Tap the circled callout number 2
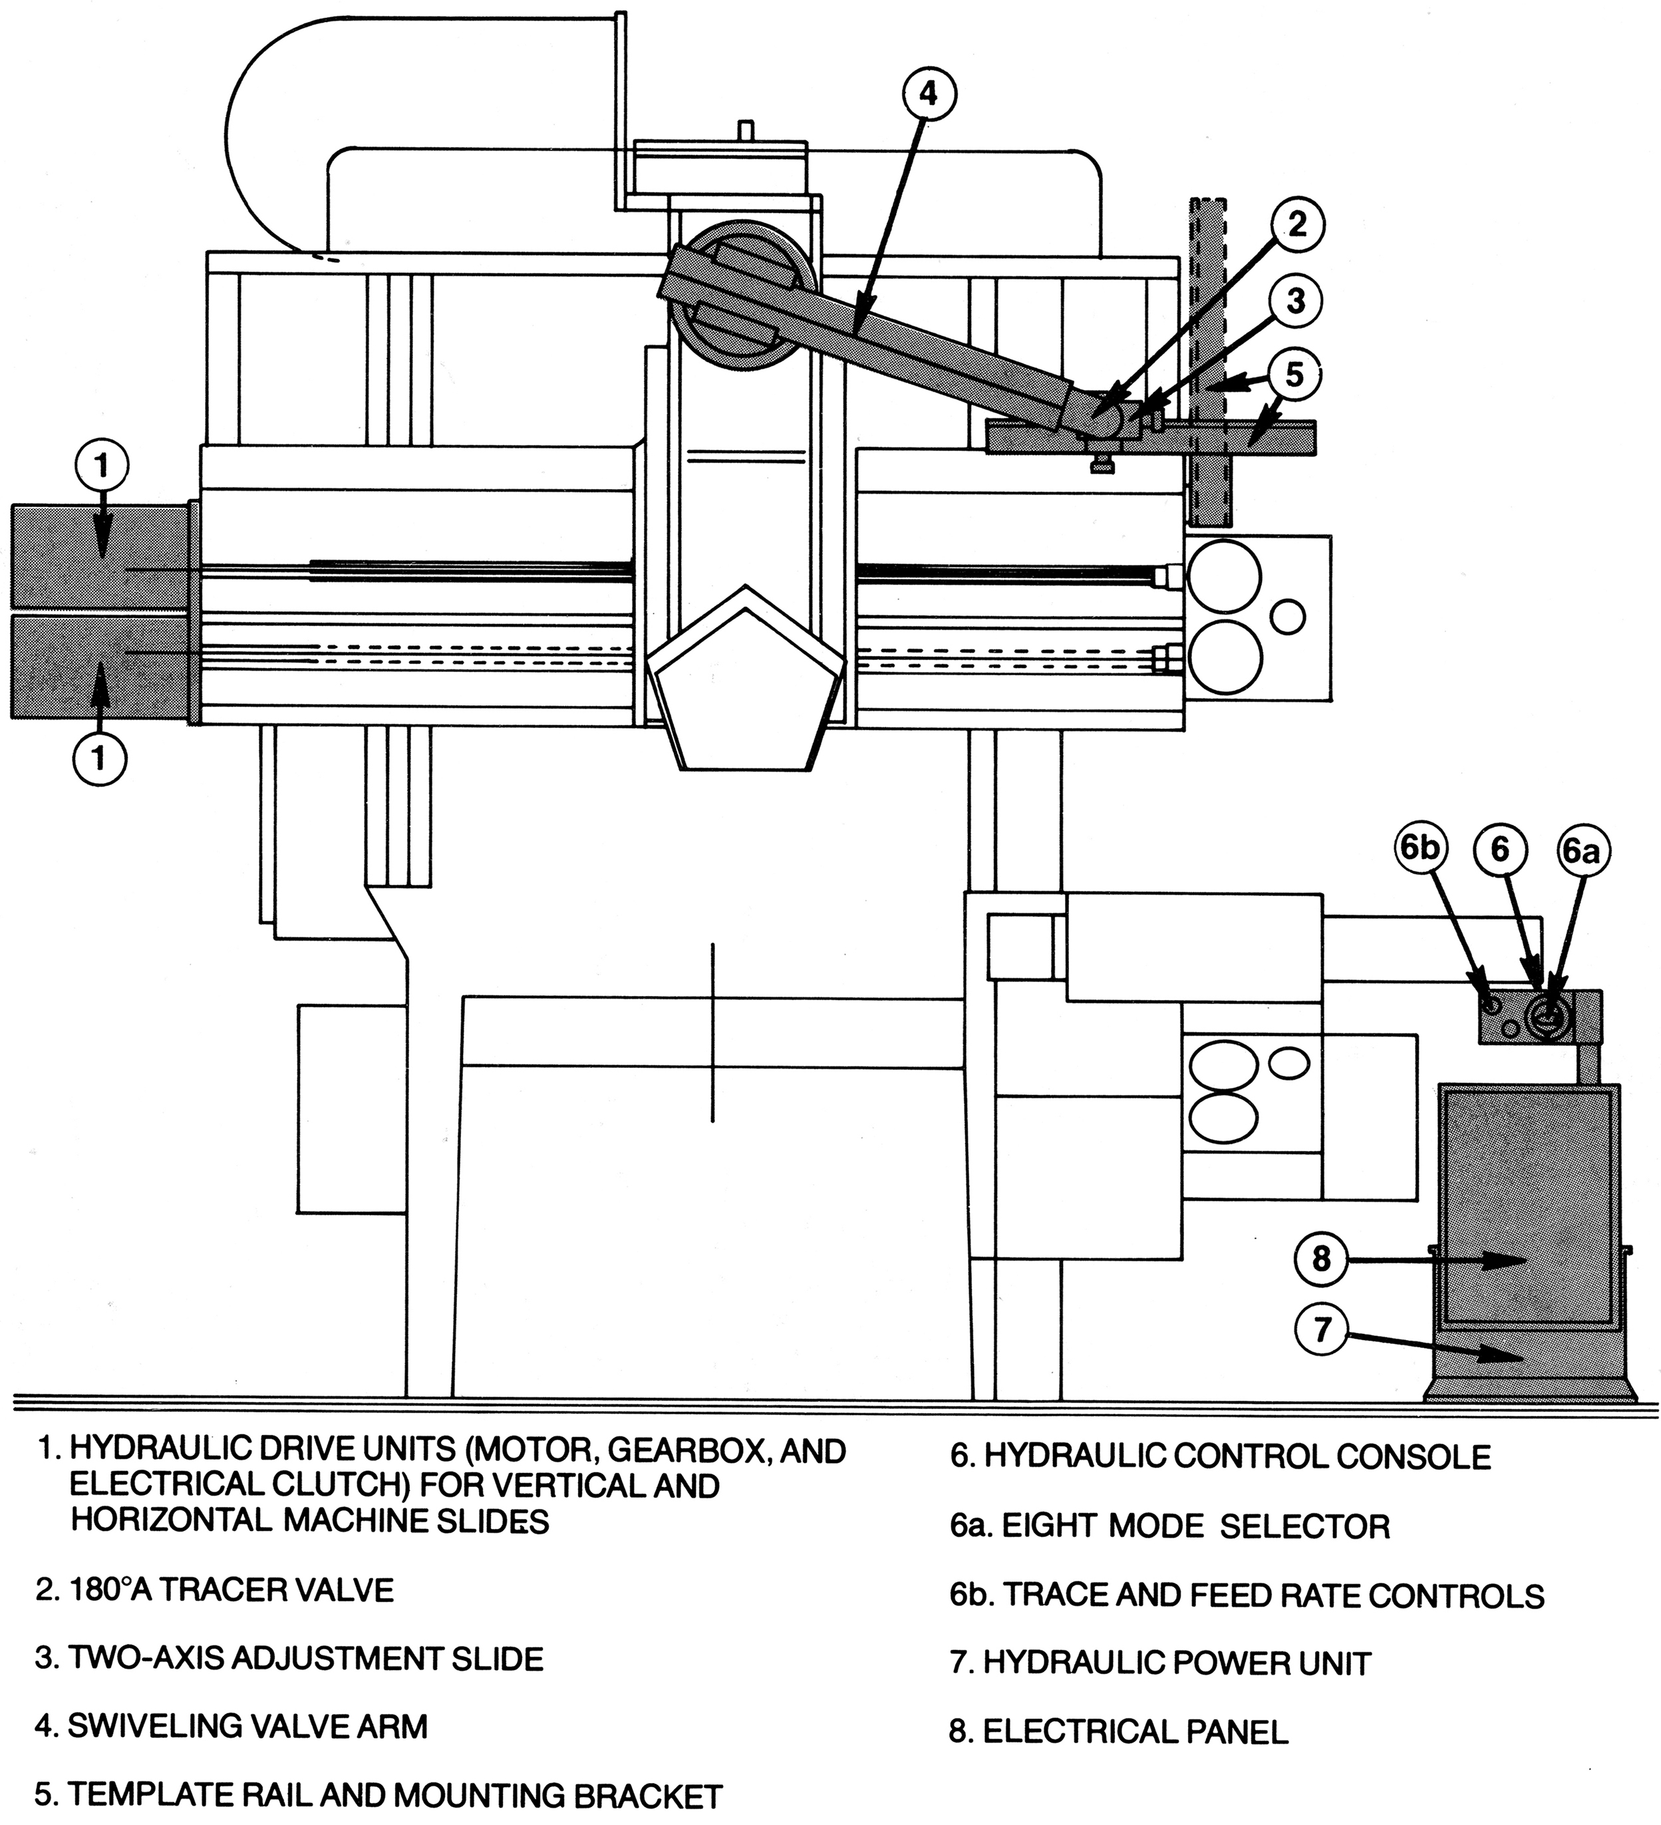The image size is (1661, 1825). click(x=1297, y=224)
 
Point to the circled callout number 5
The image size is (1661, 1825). click(x=1294, y=375)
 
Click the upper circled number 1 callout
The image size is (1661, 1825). click(x=101, y=466)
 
